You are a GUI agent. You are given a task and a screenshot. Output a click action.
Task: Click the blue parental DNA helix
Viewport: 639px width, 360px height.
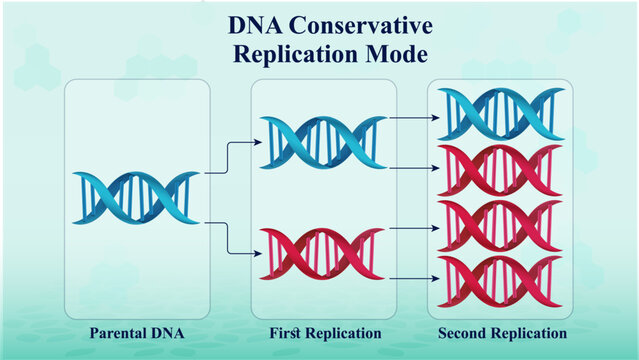tap(136, 196)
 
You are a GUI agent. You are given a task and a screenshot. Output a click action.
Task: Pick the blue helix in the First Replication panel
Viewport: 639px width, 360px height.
tap(322, 142)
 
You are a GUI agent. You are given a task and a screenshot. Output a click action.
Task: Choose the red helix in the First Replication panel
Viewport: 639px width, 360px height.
tap(322, 254)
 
